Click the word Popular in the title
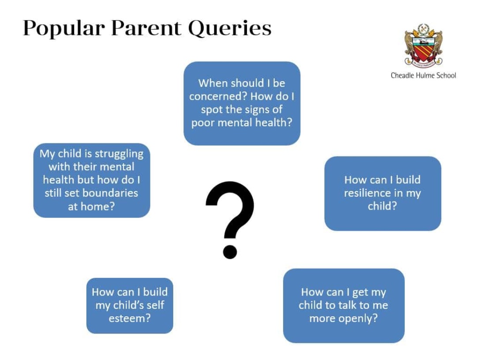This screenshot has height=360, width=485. tap(64, 29)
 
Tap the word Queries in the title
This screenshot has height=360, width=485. tap(230, 29)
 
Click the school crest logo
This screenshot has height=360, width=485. tap(423, 45)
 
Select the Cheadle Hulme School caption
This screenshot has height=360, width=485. tap(423, 75)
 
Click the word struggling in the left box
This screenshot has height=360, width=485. tap(119, 154)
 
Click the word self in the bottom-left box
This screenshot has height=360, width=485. tap(155, 305)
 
